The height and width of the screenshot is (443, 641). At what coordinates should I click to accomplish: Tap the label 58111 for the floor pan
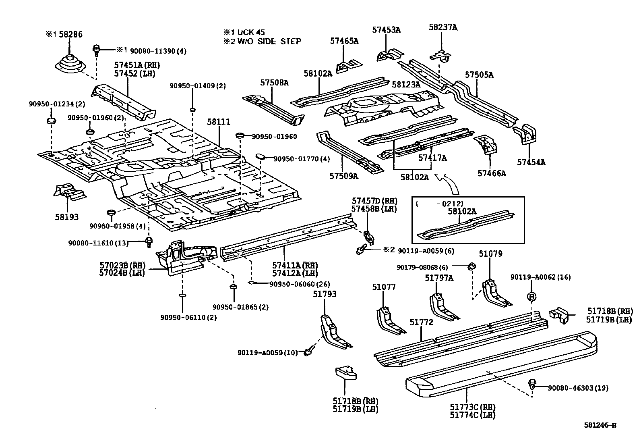click(219, 122)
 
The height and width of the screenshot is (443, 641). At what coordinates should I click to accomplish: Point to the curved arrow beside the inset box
click(451, 183)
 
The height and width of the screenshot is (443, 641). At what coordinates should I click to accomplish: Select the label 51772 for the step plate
click(421, 322)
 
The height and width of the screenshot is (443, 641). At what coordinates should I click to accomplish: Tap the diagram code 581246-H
click(600, 425)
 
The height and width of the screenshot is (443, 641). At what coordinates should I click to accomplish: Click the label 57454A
click(531, 162)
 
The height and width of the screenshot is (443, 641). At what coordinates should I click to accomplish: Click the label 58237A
click(443, 27)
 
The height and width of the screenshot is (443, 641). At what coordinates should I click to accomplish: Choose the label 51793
click(325, 294)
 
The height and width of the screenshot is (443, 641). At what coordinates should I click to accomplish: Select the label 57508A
click(274, 83)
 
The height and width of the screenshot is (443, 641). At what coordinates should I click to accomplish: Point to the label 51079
click(490, 254)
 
